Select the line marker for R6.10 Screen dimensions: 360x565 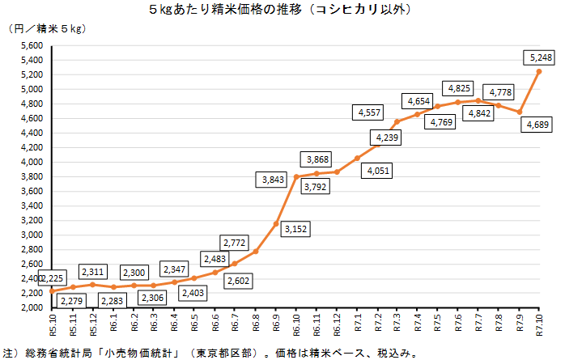296,176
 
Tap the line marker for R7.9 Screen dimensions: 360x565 520,112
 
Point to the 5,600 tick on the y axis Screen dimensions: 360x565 30,45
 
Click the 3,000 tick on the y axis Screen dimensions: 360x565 30,235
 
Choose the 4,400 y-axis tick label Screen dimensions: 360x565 30,133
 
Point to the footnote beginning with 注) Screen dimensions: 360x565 210,353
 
